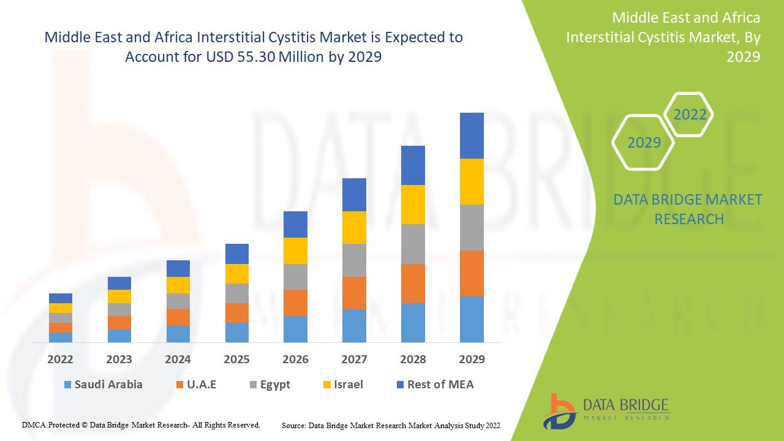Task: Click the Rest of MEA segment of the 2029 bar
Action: tap(472, 135)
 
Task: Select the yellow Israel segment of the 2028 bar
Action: tap(413, 205)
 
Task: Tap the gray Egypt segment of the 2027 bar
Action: tap(354, 260)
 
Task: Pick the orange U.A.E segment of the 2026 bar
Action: tap(295, 303)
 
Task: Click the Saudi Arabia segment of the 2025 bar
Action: tap(237, 332)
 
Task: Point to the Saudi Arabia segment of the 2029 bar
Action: tap(472, 319)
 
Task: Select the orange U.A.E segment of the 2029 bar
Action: tap(472, 273)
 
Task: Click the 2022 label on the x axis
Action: tap(60, 360)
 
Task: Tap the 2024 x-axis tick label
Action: tap(178, 360)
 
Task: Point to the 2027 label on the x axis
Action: tap(354, 360)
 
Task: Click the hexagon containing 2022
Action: tap(690, 115)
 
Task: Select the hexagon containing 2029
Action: tap(644, 143)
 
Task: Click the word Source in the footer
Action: tap(293, 425)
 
